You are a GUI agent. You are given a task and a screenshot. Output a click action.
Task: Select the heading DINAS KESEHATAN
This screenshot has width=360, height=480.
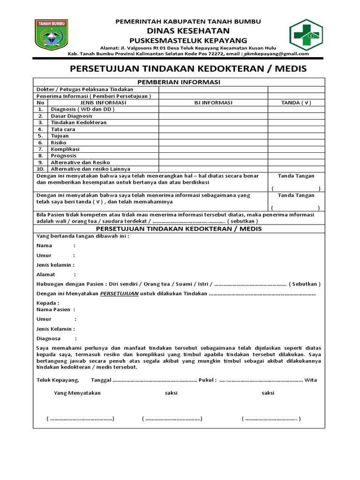pos(189,30)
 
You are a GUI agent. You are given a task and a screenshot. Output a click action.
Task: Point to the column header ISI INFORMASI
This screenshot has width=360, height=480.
pos(213,103)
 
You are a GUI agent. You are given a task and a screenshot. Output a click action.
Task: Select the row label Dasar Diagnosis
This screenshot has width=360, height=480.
pos(72,116)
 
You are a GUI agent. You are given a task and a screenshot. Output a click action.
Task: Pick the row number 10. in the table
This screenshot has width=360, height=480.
pos(40,168)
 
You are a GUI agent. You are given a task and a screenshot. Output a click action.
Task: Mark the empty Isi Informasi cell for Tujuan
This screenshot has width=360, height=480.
pos(213,135)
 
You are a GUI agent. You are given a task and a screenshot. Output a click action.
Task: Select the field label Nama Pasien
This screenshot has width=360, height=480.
pos(53,309)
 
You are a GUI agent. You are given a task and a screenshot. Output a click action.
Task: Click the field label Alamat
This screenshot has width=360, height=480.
pos(46,274)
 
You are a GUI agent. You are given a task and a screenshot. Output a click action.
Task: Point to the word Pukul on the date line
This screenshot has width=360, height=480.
pos(207,380)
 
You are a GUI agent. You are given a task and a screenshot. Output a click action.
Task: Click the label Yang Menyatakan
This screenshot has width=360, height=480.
pos(77,393)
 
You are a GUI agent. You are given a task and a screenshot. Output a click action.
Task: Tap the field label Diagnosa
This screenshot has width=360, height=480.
pos(48,338)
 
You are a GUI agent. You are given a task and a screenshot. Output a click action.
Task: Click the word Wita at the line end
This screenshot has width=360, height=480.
pos(311,380)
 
